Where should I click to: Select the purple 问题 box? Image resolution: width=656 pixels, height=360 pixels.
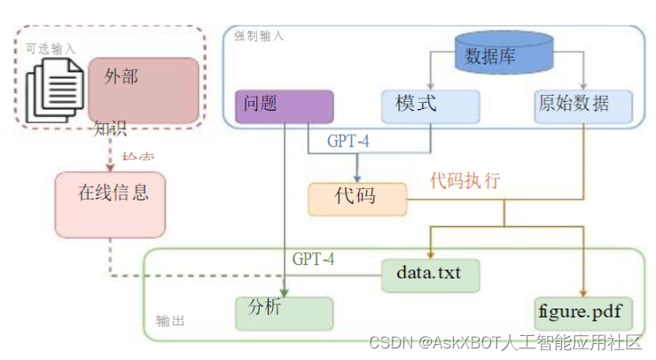[284, 106]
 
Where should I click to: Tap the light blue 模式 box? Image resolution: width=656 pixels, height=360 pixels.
[430, 106]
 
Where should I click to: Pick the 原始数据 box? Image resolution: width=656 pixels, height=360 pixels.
[584, 106]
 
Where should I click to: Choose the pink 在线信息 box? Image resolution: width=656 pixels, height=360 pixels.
[110, 204]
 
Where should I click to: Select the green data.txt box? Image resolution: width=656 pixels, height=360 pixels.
[430, 274]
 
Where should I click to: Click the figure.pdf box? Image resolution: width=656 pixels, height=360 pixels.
[583, 313]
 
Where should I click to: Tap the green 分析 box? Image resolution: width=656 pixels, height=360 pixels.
[284, 313]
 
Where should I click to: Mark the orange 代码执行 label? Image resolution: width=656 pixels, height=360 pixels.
[465, 181]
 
